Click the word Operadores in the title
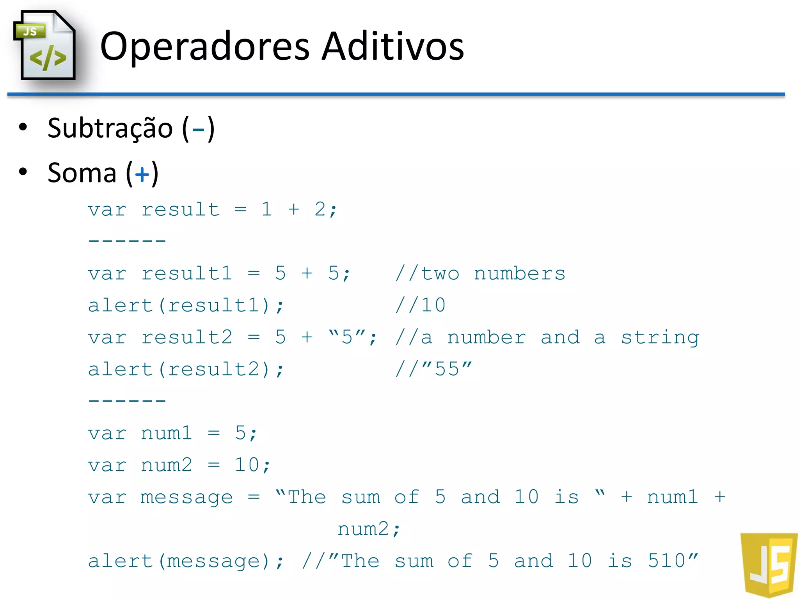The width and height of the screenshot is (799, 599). [x=205, y=47]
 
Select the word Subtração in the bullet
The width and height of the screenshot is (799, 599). [x=110, y=129]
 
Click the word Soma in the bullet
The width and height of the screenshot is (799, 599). [x=82, y=173]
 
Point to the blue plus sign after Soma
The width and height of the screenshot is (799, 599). [x=142, y=174]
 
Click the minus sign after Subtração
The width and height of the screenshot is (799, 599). [x=198, y=129]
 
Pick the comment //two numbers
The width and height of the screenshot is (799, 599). [x=480, y=273]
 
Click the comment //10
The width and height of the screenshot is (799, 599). [x=420, y=305]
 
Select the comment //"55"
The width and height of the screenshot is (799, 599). [x=433, y=369]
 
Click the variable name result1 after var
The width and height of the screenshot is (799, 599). [x=186, y=273]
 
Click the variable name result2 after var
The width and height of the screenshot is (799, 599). [x=186, y=337]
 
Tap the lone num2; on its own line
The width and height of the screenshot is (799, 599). [x=369, y=529]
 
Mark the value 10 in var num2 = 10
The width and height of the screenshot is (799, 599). [x=247, y=465]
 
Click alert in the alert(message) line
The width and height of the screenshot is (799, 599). [x=120, y=561]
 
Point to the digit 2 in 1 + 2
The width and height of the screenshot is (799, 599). [x=320, y=209]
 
